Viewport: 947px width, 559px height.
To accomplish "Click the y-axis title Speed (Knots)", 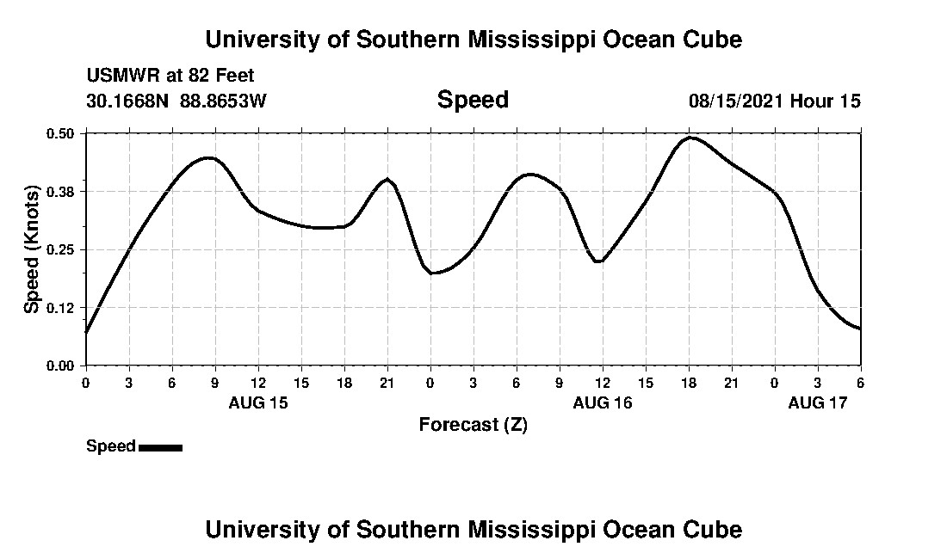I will tap(32, 249).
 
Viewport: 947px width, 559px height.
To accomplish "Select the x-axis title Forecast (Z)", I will tap(473, 424).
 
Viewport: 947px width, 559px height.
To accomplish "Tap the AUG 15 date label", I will tap(258, 402).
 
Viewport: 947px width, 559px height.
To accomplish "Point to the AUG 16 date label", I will tap(603, 402).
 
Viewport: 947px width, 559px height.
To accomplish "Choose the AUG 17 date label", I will tap(818, 402).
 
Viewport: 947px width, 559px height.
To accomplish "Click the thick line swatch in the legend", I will tap(160, 447).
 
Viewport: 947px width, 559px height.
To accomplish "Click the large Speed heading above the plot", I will tap(473, 100).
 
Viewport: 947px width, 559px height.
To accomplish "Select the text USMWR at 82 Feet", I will tap(170, 76).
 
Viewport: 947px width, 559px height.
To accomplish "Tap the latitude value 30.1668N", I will tap(129, 101).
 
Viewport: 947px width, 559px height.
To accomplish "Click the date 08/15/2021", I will tap(736, 101).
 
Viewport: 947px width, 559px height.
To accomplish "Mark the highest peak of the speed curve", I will tap(690, 138).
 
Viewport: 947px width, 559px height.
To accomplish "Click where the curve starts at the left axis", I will tap(86, 332).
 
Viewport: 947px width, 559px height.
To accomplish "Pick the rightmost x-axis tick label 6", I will tap(861, 383).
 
